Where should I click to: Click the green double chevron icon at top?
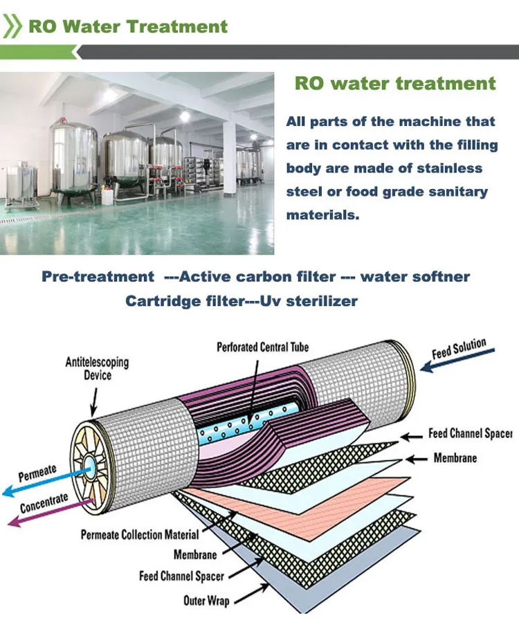12,27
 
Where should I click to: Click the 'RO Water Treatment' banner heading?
127,27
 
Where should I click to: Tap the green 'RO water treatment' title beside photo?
395,84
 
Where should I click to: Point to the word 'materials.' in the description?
323,215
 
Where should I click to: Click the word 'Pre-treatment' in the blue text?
98,277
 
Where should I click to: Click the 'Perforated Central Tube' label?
263,347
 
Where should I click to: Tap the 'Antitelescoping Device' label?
97,369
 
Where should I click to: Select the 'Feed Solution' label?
459,349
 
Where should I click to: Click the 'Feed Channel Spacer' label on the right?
470,433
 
